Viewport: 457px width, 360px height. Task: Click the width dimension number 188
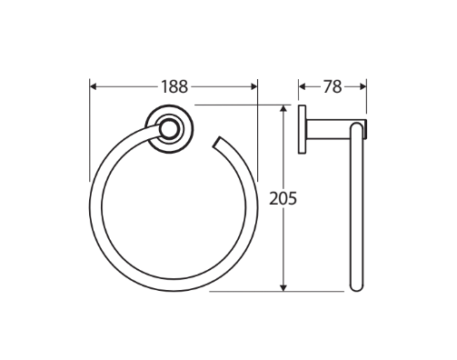174,87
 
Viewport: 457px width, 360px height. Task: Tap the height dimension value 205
284,196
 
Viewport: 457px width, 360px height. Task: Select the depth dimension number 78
332,87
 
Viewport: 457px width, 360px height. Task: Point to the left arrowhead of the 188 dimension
94,87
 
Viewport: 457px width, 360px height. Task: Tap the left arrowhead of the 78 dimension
303,87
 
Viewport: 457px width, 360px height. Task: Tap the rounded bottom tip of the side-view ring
355,288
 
